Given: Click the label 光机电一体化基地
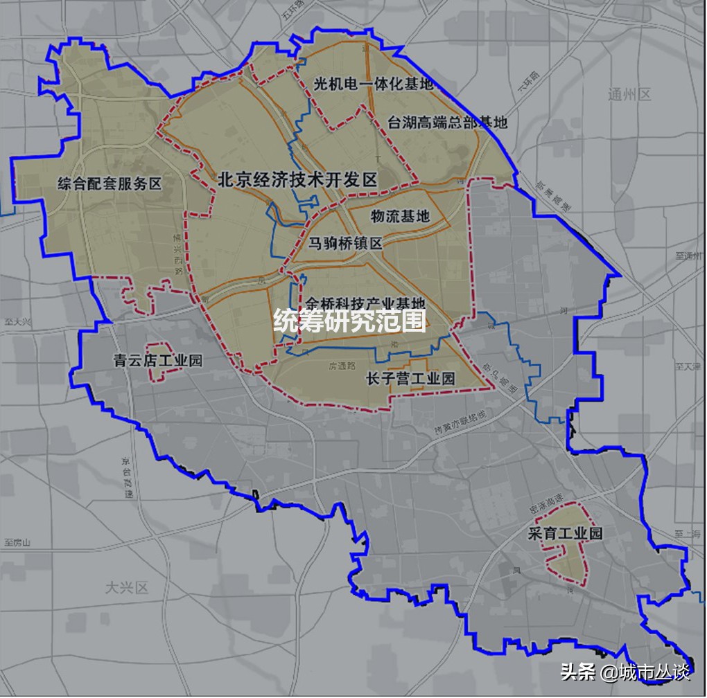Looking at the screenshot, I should click(373, 84).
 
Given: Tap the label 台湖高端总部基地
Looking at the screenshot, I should click(447, 123).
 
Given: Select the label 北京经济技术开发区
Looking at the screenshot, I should click(297, 180).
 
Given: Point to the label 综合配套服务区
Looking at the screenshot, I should click(110, 184).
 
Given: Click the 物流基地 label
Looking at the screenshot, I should click(400, 217).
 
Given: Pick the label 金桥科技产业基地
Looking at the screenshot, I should click(364, 303).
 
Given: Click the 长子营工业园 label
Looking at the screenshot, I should click(410, 379).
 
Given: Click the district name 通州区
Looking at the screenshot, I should click(629, 95).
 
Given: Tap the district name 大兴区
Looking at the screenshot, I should click(127, 589).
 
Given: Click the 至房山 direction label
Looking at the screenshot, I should click(18, 542).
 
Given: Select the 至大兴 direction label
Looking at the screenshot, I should click(17, 322).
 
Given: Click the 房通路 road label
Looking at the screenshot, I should click(342, 366).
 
